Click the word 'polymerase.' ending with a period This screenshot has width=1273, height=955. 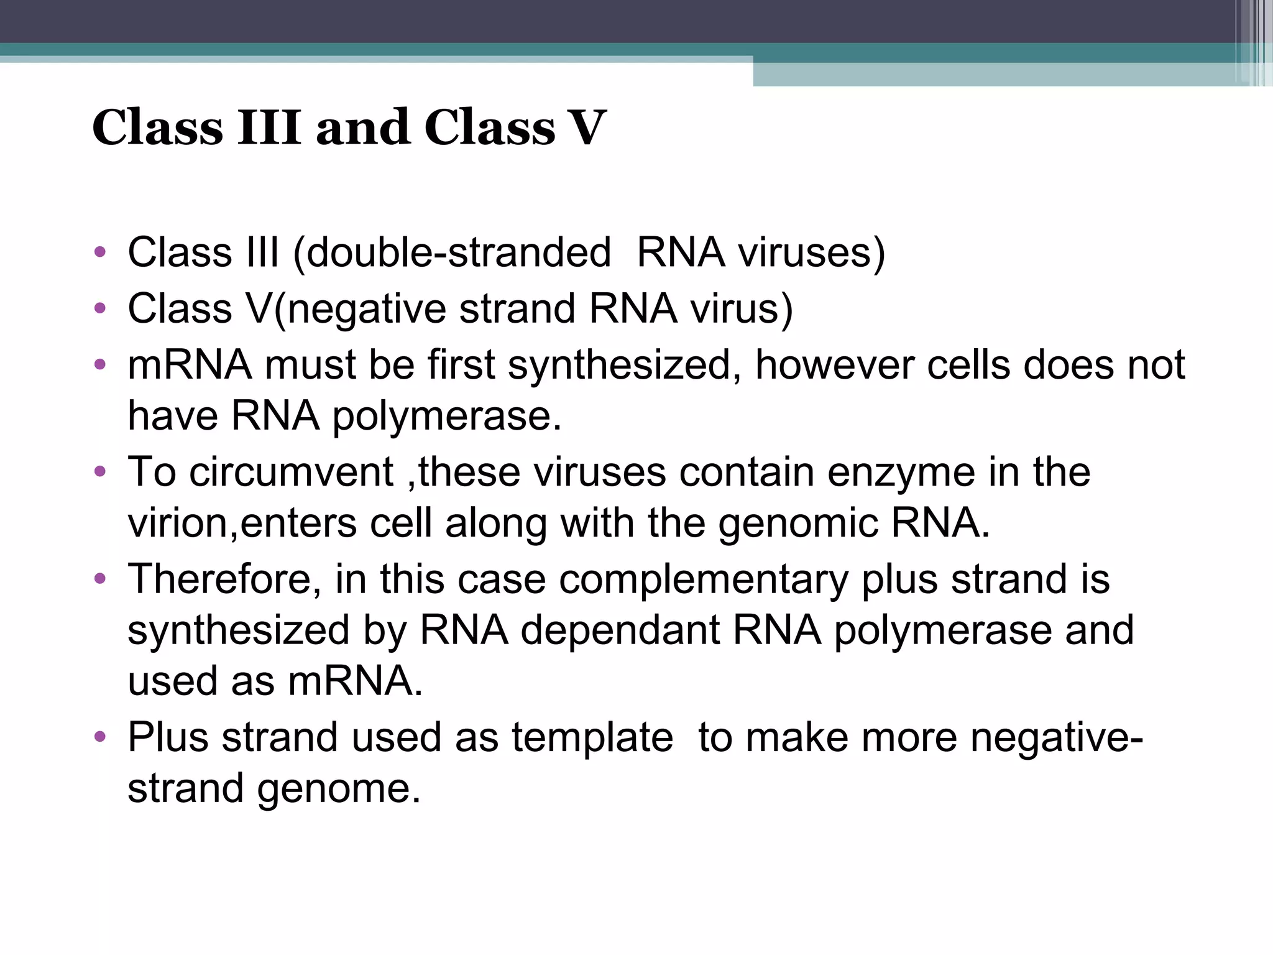(x=447, y=416)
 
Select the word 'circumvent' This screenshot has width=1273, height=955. (x=291, y=472)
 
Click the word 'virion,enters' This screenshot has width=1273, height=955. (x=242, y=523)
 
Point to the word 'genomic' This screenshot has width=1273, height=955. (x=798, y=523)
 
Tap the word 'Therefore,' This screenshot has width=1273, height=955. (x=225, y=579)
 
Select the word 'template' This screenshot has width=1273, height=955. (x=592, y=737)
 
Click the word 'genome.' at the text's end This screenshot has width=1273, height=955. (x=339, y=788)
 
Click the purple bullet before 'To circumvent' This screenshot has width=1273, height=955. (x=99, y=472)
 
